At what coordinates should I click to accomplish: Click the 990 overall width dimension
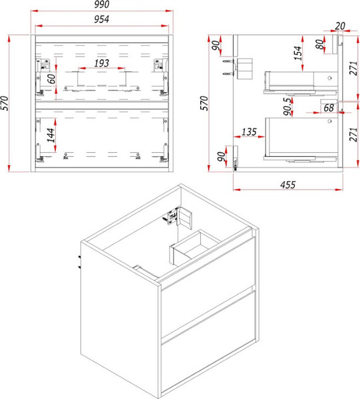(102, 5)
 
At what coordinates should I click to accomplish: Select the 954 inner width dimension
(102, 19)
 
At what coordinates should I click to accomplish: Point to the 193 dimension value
(102, 63)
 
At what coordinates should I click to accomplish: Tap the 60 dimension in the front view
(51, 79)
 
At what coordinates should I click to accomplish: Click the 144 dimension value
(51, 136)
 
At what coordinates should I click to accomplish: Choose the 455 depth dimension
(288, 185)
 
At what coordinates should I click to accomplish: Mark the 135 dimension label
(249, 132)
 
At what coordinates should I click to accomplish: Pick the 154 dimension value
(298, 53)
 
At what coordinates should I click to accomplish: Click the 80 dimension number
(320, 45)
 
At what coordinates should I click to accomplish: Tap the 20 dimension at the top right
(340, 26)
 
